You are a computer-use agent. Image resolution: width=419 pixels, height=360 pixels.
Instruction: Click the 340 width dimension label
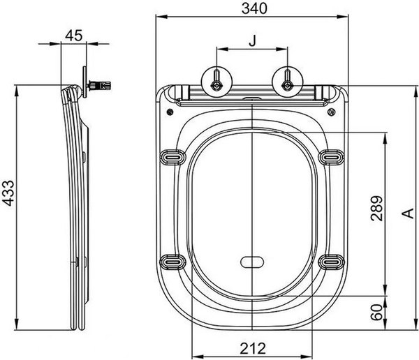[254, 8]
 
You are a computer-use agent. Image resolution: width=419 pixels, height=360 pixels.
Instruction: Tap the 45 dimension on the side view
[74, 36]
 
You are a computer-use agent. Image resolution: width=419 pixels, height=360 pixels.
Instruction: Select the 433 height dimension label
[8, 193]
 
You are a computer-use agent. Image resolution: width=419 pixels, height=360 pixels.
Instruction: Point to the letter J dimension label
[253, 41]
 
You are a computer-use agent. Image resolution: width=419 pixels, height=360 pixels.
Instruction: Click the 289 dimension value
[376, 209]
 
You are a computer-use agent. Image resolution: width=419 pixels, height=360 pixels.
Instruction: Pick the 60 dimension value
[376, 312]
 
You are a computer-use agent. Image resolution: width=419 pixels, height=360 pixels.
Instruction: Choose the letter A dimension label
[408, 213]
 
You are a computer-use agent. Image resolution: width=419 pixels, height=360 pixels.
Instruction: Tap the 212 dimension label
[253, 348]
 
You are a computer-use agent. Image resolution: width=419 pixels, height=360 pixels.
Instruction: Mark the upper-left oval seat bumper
[172, 157]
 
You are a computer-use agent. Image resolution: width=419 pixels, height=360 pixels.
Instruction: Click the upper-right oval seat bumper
[331, 157]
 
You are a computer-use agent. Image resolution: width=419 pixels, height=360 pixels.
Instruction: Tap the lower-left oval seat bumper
[172, 262]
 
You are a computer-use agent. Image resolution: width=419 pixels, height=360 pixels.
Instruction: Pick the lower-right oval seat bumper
[331, 262]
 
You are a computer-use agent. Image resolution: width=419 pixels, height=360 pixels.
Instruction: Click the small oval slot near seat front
[252, 262]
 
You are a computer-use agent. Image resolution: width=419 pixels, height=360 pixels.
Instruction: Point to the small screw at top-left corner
[170, 112]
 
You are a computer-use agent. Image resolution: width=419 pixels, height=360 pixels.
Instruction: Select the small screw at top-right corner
[331, 112]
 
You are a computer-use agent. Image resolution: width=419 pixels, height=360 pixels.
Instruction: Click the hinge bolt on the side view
[99, 85]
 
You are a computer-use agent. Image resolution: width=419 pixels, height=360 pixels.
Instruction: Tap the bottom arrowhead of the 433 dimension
[17, 324]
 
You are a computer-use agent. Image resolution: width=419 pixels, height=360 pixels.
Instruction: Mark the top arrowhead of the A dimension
[416, 92]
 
